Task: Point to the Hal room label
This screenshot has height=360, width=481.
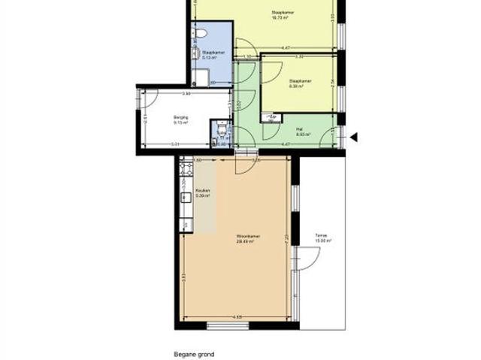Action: [299, 132]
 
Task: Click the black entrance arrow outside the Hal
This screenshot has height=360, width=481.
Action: [354, 137]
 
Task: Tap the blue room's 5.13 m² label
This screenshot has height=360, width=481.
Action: [209, 54]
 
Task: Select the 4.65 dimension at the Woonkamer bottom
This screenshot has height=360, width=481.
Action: [237, 316]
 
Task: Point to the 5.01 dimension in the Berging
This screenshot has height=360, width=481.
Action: [174, 144]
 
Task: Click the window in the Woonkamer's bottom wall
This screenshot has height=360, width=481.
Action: [227, 325]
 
